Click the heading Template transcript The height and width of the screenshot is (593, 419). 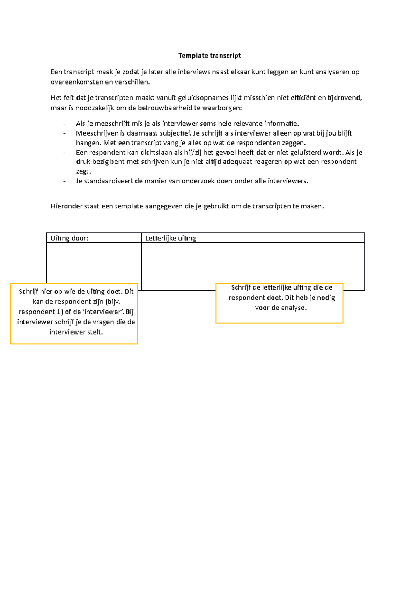[209, 56]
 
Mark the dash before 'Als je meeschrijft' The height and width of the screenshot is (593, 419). [64, 124]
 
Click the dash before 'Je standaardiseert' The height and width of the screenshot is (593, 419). [64, 181]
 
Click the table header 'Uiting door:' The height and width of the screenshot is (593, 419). [69, 238]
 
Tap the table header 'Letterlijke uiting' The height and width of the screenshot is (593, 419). [170, 238]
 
